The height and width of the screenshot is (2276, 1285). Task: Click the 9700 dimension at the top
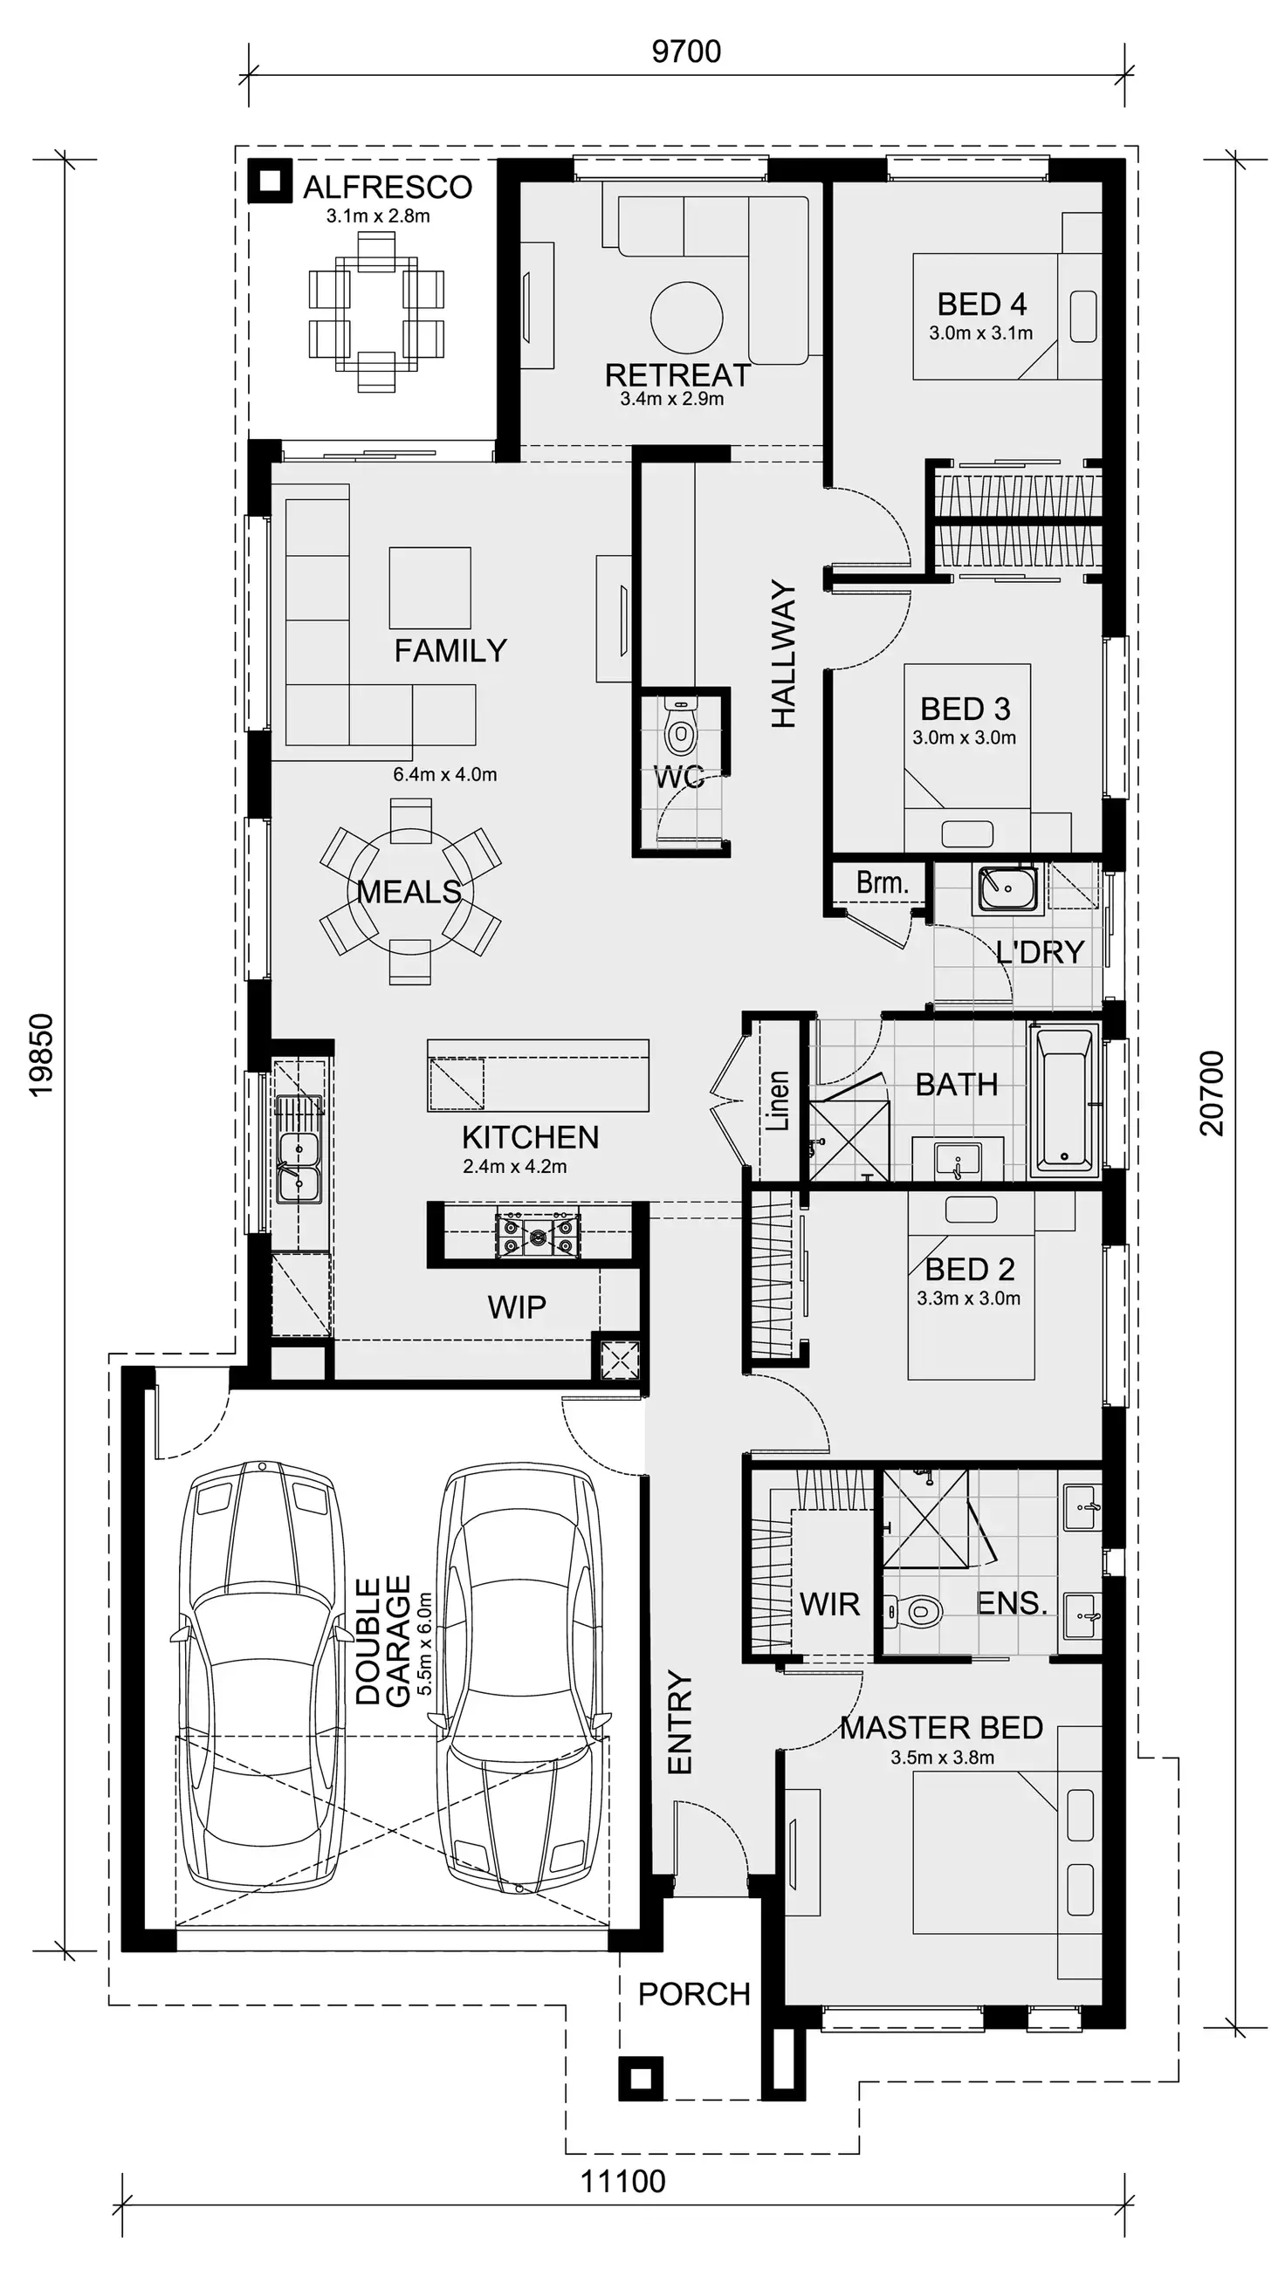(x=686, y=51)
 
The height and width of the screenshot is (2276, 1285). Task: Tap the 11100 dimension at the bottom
(x=622, y=2180)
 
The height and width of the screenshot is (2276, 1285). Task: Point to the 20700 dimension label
(x=1213, y=1093)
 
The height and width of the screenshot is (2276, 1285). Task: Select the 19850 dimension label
(x=43, y=1056)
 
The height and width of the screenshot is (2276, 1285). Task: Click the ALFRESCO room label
(x=387, y=188)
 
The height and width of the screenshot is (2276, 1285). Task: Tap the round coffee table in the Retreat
(x=687, y=317)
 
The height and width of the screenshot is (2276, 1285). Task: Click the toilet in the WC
(x=680, y=731)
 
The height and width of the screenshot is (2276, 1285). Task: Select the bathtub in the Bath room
(x=1064, y=1100)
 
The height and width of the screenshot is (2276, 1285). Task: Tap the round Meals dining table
(x=409, y=891)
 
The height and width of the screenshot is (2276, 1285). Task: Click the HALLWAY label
(x=784, y=654)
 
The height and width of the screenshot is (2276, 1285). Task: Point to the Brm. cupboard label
(x=882, y=881)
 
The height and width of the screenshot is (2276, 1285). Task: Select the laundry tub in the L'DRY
(x=1007, y=887)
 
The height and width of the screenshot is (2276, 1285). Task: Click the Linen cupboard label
(x=777, y=1100)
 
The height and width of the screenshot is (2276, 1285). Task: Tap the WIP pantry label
(x=517, y=1306)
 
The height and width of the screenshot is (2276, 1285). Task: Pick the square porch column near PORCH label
(x=640, y=2079)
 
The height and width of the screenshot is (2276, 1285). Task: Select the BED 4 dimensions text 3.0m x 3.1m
(x=980, y=333)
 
